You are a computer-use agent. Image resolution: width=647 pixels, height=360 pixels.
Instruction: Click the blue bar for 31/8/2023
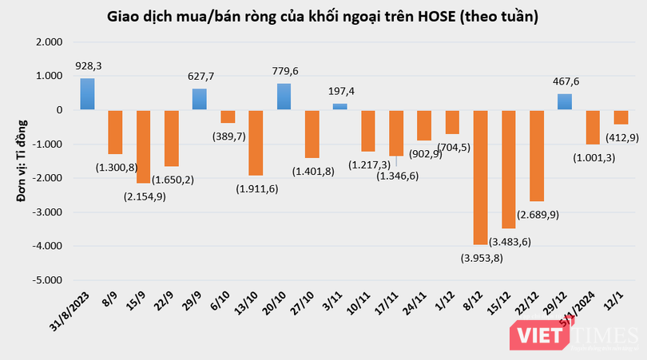click(x=87, y=94)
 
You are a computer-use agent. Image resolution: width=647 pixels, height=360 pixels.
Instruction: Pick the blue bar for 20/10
click(x=284, y=97)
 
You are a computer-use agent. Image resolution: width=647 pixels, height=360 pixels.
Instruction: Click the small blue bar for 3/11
click(x=339, y=106)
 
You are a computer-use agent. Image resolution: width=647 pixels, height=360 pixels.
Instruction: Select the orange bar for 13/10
click(x=256, y=142)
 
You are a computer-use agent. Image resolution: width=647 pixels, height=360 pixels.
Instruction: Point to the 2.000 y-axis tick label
click(x=53, y=42)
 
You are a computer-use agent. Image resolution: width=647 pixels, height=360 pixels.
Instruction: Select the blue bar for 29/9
click(x=200, y=99)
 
